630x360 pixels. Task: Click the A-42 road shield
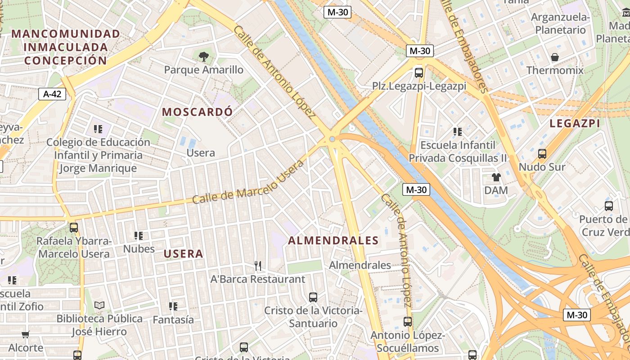point(52,94)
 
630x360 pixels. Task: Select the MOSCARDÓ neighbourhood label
point(198,112)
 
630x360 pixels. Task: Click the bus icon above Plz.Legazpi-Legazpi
point(419,72)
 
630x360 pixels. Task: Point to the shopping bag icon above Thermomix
point(555,57)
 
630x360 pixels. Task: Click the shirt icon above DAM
point(496,177)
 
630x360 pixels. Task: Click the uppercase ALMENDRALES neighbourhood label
point(333,241)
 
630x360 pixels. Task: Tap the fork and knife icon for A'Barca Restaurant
point(258,266)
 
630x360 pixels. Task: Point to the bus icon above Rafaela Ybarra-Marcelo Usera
point(74,228)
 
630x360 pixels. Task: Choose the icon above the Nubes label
point(139,235)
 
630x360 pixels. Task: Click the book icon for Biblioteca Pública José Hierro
point(99,305)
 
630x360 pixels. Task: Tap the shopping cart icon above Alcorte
point(26,334)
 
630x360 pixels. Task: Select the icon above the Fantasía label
point(173,306)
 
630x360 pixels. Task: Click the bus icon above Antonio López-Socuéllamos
point(408,322)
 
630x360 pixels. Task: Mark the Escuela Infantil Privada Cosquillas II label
point(458,152)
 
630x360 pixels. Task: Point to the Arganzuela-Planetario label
point(560,23)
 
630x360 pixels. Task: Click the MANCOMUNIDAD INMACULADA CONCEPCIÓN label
point(66,47)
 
